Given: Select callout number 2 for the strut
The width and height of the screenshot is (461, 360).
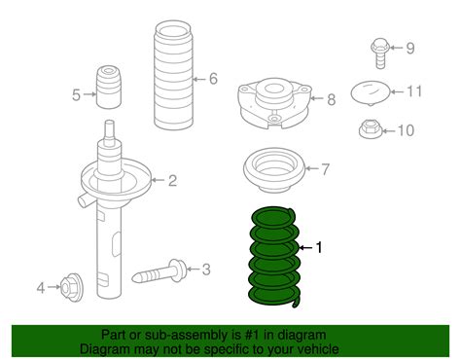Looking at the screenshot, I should [172, 180].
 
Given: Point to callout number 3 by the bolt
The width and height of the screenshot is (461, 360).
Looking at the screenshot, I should [206, 269].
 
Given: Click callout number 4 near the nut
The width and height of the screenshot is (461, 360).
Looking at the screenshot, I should [41, 287].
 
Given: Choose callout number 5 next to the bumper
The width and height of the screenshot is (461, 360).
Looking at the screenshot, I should [76, 94].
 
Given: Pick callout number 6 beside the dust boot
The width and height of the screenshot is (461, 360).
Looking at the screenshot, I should [213, 79].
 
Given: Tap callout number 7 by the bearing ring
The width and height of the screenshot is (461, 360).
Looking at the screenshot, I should [325, 169].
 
